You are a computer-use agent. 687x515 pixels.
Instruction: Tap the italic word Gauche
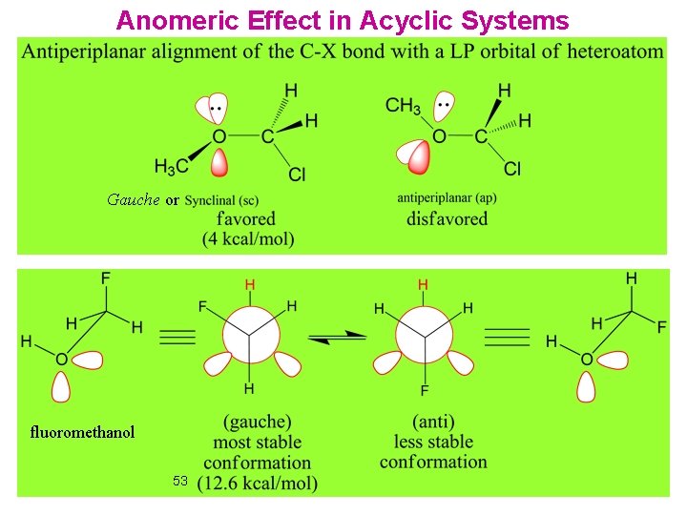tap(133, 200)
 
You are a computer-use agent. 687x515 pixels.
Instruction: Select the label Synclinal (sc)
tap(221, 200)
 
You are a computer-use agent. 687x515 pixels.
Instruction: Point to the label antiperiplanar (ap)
tap(447, 198)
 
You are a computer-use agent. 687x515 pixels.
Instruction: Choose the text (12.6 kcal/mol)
tap(257, 484)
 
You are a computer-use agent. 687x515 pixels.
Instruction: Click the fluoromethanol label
tap(82, 432)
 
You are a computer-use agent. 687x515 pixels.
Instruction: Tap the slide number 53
tap(181, 481)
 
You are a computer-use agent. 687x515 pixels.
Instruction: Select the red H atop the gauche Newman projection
tap(250, 284)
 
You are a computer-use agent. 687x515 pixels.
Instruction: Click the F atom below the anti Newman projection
tap(424, 391)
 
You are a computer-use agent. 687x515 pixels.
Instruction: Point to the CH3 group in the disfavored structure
tap(404, 107)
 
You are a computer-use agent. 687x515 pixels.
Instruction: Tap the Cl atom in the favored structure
tap(297, 175)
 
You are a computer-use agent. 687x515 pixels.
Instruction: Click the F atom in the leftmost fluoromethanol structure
tap(105, 278)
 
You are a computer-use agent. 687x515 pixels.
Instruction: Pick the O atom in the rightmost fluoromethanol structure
tap(586, 359)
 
